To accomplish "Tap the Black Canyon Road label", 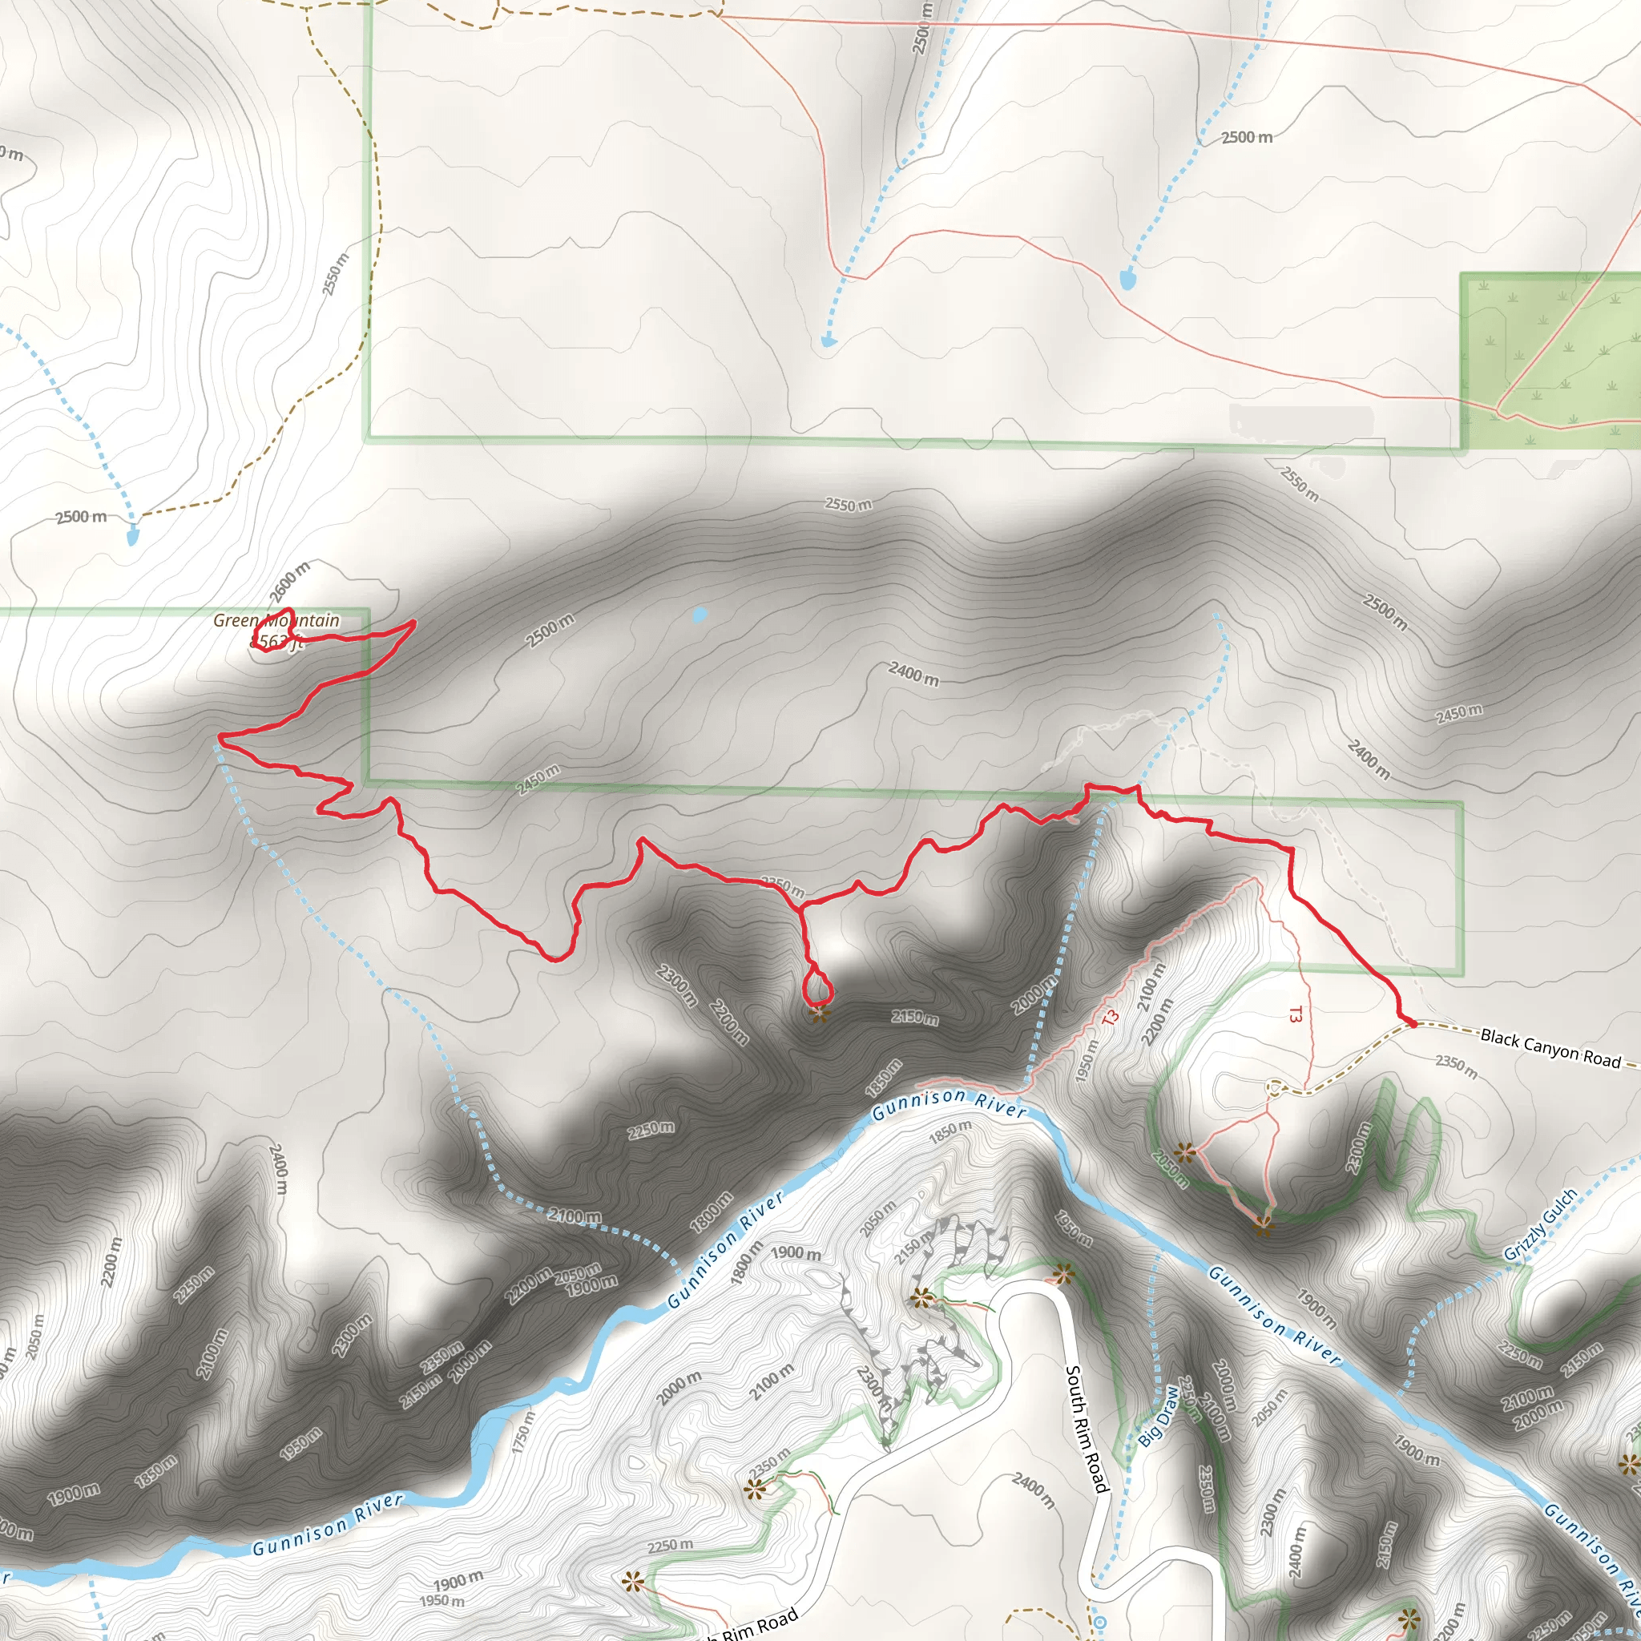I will pos(1550,1048).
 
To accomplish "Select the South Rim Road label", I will pos(1087,1429).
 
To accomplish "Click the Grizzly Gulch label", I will pos(1540,1225).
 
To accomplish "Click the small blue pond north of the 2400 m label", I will pos(699,615).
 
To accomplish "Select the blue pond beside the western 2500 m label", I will pos(132,536).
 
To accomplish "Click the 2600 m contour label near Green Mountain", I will pos(289,582).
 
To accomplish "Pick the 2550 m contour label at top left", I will pos(336,274).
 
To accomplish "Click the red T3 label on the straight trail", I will pos(1295,1014).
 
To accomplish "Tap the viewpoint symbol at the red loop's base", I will pos(819,1014).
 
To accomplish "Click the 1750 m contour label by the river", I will pos(525,1433).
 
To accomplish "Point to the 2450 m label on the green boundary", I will pos(538,780).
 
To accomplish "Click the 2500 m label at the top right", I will pos(1247,138).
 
